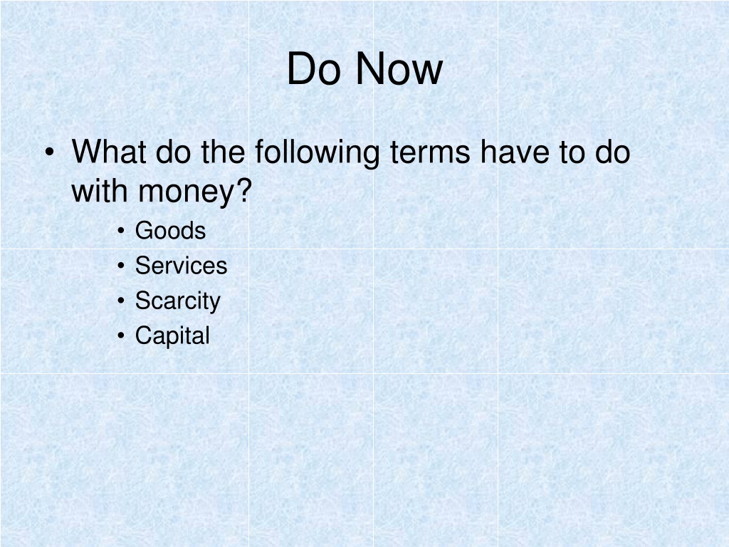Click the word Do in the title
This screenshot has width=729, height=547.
pyautogui.click(x=314, y=68)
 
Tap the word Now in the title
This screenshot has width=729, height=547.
pyautogui.click(x=399, y=68)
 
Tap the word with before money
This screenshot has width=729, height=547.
pyautogui.click(x=100, y=190)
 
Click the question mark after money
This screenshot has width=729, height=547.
pyautogui.click(x=245, y=190)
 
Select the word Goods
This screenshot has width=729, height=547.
pyautogui.click(x=170, y=230)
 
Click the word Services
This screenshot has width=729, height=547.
pyautogui.click(x=181, y=265)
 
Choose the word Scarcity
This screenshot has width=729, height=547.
pyautogui.click(x=177, y=301)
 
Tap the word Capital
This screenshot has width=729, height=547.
pyautogui.click(x=172, y=336)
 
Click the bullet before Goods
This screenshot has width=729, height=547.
pyautogui.click(x=121, y=230)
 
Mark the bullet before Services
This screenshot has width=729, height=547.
pyautogui.click(x=121, y=266)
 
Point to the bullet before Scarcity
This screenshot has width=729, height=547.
pyautogui.click(x=121, y=301)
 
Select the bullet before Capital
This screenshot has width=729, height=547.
pyautogui.click(x=121, y=335)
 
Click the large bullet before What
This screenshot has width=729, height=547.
pyautogui.click(x=50, y=152)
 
